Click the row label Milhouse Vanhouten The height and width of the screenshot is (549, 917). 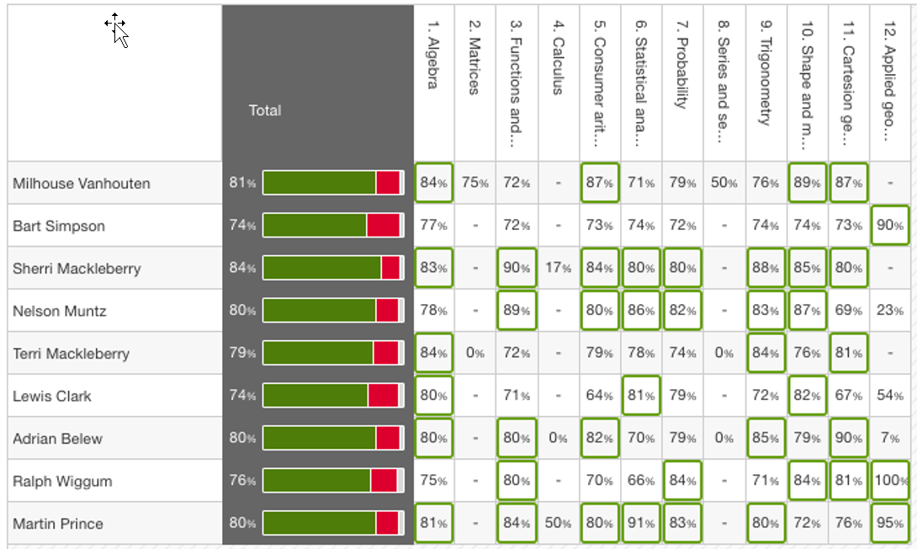pos(81,184)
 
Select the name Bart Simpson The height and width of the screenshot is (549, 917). pos(58,227)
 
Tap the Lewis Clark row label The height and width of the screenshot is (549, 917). pos(52,397)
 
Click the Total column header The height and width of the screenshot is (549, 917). pos(265,110)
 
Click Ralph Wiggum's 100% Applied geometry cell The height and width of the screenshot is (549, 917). pos(891,482)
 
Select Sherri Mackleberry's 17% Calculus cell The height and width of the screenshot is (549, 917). pos(558,269)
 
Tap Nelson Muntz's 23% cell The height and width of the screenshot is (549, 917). pos(891,311)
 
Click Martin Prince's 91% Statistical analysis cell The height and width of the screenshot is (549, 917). pos(641,524)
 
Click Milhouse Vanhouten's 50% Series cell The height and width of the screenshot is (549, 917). pos(724,184)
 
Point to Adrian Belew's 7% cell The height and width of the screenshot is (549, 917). pos(891,439)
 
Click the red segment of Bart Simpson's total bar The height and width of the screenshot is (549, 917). pos(383,226)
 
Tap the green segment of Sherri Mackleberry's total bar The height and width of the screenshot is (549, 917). pos(322,268)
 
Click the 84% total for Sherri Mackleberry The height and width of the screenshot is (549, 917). pos(242,269)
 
